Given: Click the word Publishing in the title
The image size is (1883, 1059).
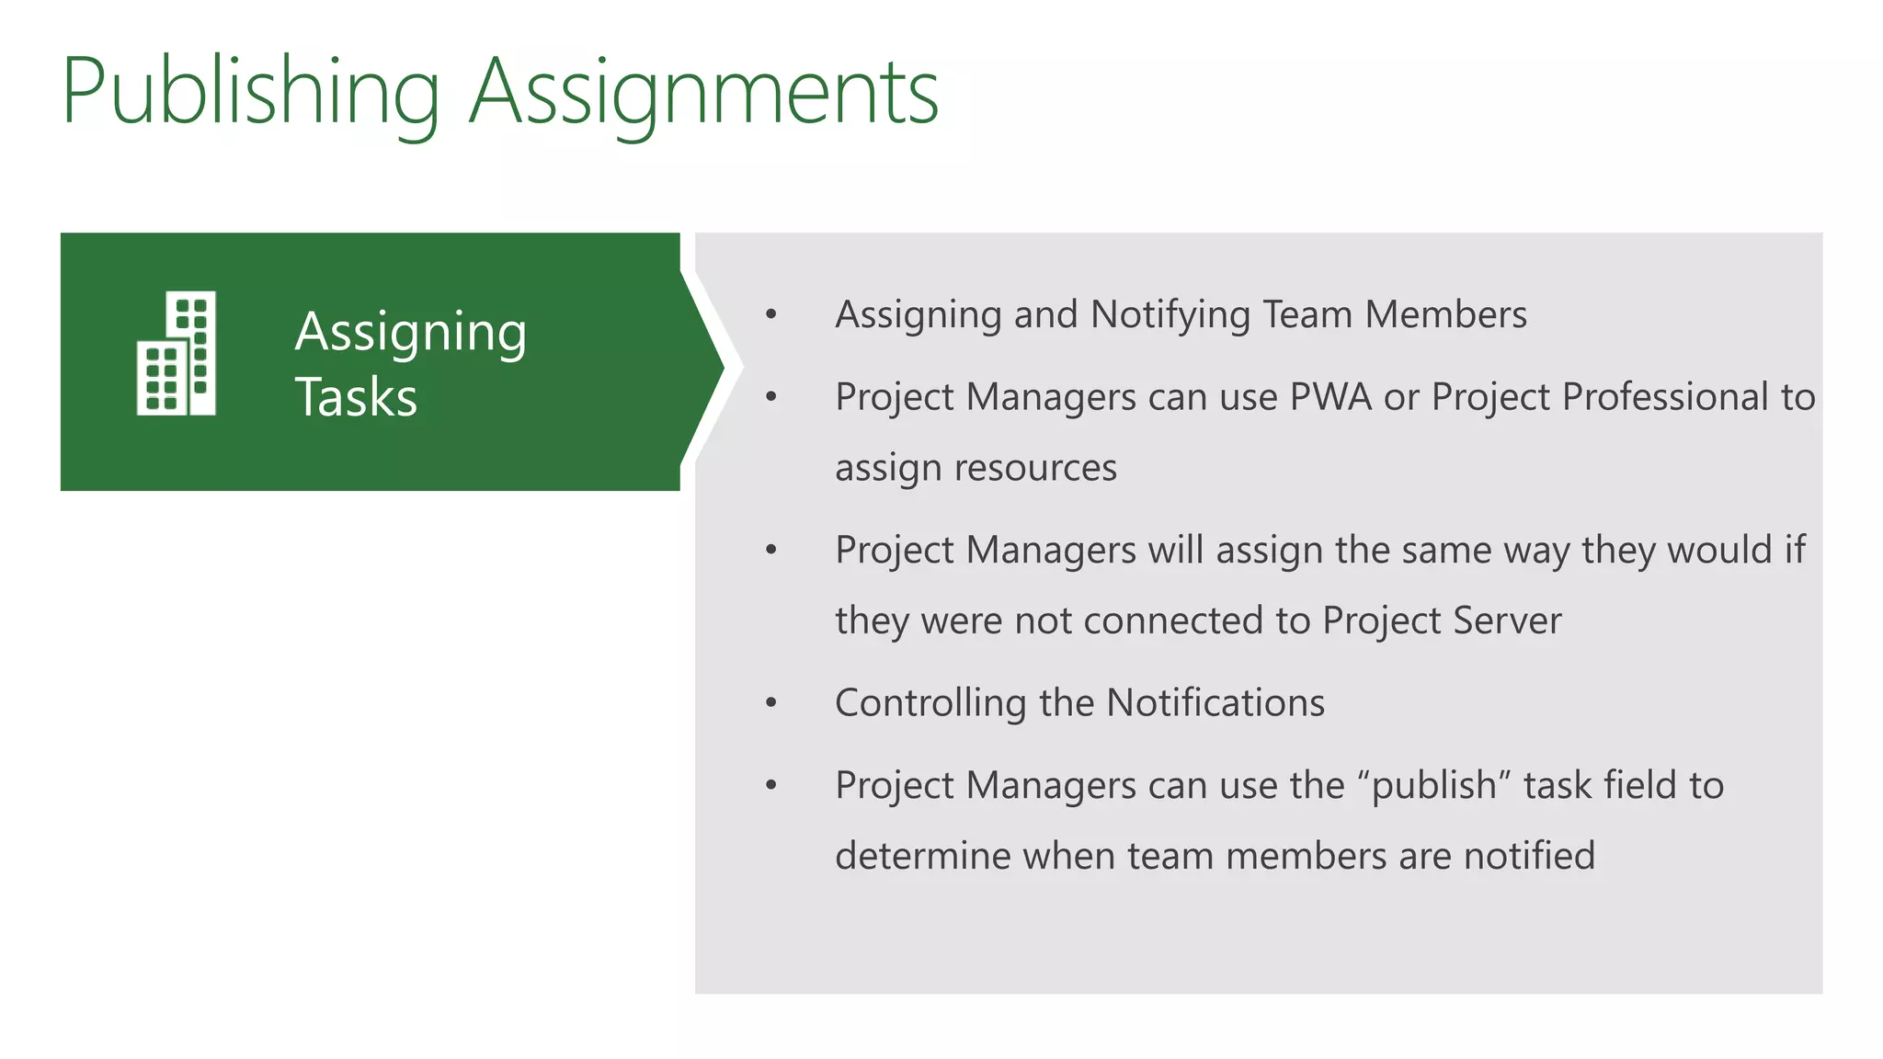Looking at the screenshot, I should pyautogui.click(x=250, y=92).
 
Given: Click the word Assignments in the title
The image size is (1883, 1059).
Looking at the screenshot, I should pyautogui.click(x=703, y=92).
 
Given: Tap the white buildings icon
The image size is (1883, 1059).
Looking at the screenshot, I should pyautogui.click(x=177, y=354).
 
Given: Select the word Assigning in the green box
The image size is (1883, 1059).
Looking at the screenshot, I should pyautogui.click(x=410, y=333).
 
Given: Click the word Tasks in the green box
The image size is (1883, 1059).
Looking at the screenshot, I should pyautogui.click(x=356, y=397).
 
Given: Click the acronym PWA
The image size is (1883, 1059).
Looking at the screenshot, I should pyautogui.click(x=1330, y=397).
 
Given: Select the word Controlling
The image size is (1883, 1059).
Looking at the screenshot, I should pyautogui.click(x=930, y=703).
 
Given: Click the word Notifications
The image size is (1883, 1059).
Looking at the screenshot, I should pyautogui.click(x=1215, y=703).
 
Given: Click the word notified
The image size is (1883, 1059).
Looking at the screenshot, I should pyautogui.click(x=1529, y=856).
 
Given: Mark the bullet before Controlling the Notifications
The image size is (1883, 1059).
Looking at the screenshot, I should pyautogui.click(x=771, y=704).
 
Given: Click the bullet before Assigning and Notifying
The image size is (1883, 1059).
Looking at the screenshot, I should pyautogui.click(x=771, y=315).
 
